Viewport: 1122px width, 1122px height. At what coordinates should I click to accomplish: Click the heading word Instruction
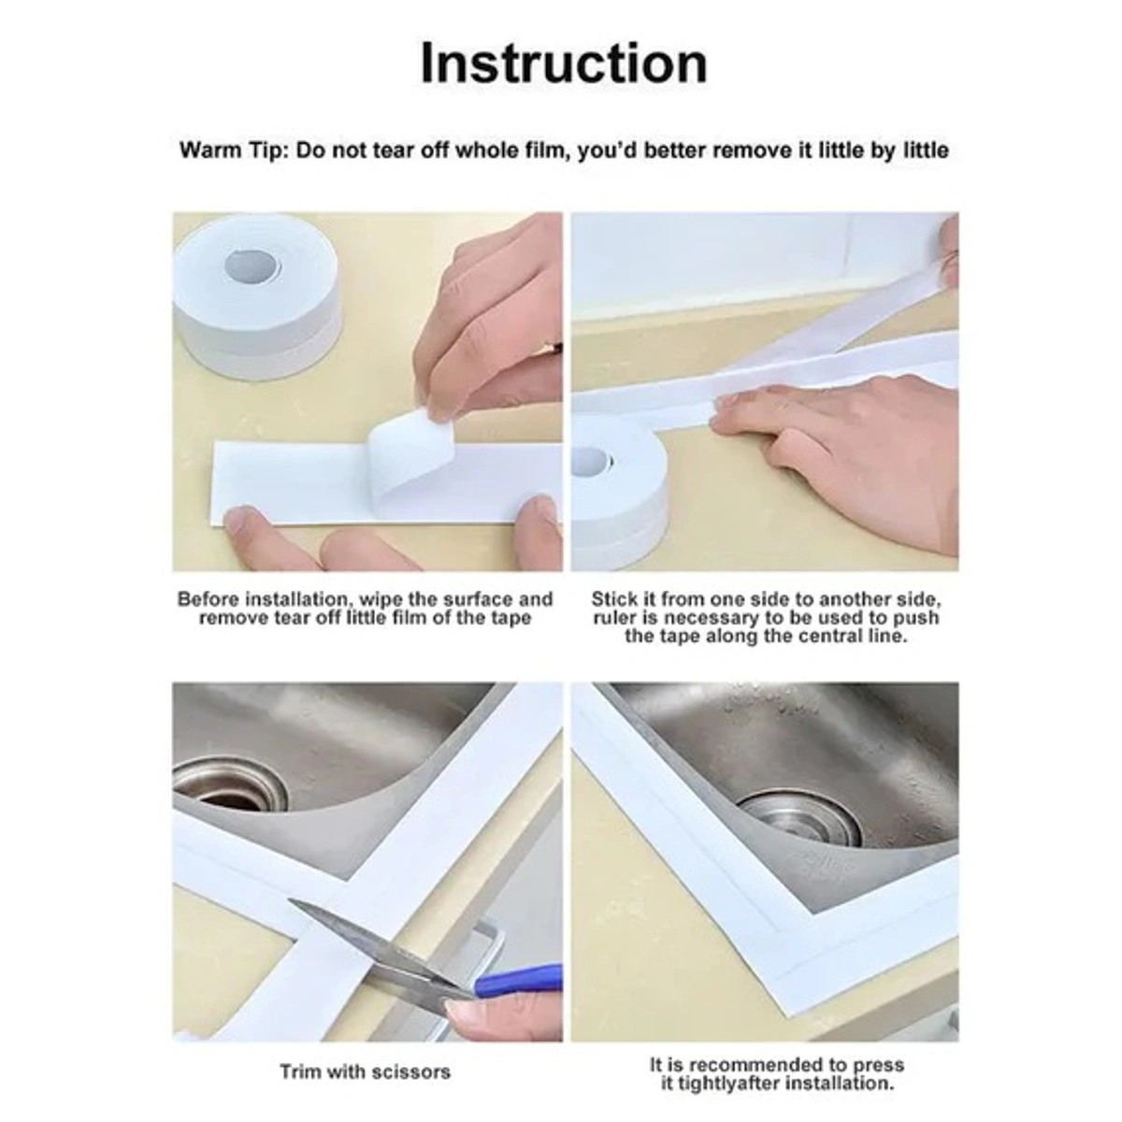[x=564, y=64]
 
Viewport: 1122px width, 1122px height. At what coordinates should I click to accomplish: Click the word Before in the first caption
[x=209, y=599]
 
